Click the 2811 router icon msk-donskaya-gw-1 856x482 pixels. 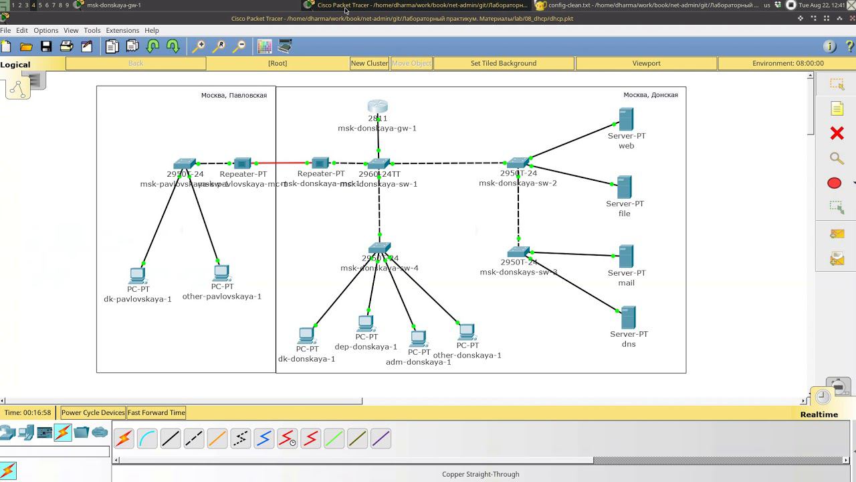[378, 106]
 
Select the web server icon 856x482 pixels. [626, 120]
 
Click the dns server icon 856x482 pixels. [628, 317]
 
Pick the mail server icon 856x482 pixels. [626, 256]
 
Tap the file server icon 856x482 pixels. [624, 187]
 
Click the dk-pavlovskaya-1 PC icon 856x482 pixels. [138, 275]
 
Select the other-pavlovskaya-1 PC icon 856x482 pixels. [222, 272]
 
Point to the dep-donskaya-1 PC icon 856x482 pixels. [366, 323]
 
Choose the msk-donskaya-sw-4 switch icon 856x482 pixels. [379, 248]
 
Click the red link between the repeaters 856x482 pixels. [282, 163]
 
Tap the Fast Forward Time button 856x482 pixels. [156, 412]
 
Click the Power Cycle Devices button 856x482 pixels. [93, 412]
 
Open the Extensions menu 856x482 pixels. [122, 30]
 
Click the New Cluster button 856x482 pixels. [369, 63]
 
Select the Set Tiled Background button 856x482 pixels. [504, 63]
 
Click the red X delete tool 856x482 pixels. [837, 133]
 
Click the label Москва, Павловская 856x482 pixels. [234, 95]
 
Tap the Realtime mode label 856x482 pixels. [819, 414]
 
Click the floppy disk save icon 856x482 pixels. [46, 46]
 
